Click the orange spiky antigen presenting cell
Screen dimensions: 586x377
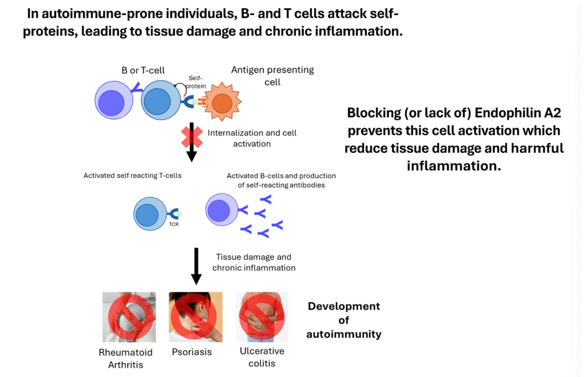(223, 102)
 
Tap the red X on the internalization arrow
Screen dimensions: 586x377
(192, 137)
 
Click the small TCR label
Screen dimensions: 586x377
(174, 224)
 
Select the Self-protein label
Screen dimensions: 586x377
(196, 82)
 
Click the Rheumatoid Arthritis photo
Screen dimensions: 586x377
(129, 317)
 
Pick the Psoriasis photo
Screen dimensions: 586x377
(196, 317)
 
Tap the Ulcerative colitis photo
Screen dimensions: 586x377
(262, 317)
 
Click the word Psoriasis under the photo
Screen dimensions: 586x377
(192, 352)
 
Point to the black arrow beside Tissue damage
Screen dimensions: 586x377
(196, 266)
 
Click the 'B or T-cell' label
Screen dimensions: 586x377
(143, 70)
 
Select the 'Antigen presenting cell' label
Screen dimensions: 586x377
(272, 76)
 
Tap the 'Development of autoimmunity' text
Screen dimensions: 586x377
(344, 320)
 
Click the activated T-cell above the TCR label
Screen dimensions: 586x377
(151, 214)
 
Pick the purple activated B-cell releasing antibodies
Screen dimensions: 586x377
(222, 209)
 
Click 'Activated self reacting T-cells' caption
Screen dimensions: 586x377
(132, 176)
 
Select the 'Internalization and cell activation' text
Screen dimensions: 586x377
(252, 138)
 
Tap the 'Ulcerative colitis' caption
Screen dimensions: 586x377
(262, 357)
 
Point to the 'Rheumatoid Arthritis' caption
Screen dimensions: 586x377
(125, 358)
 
